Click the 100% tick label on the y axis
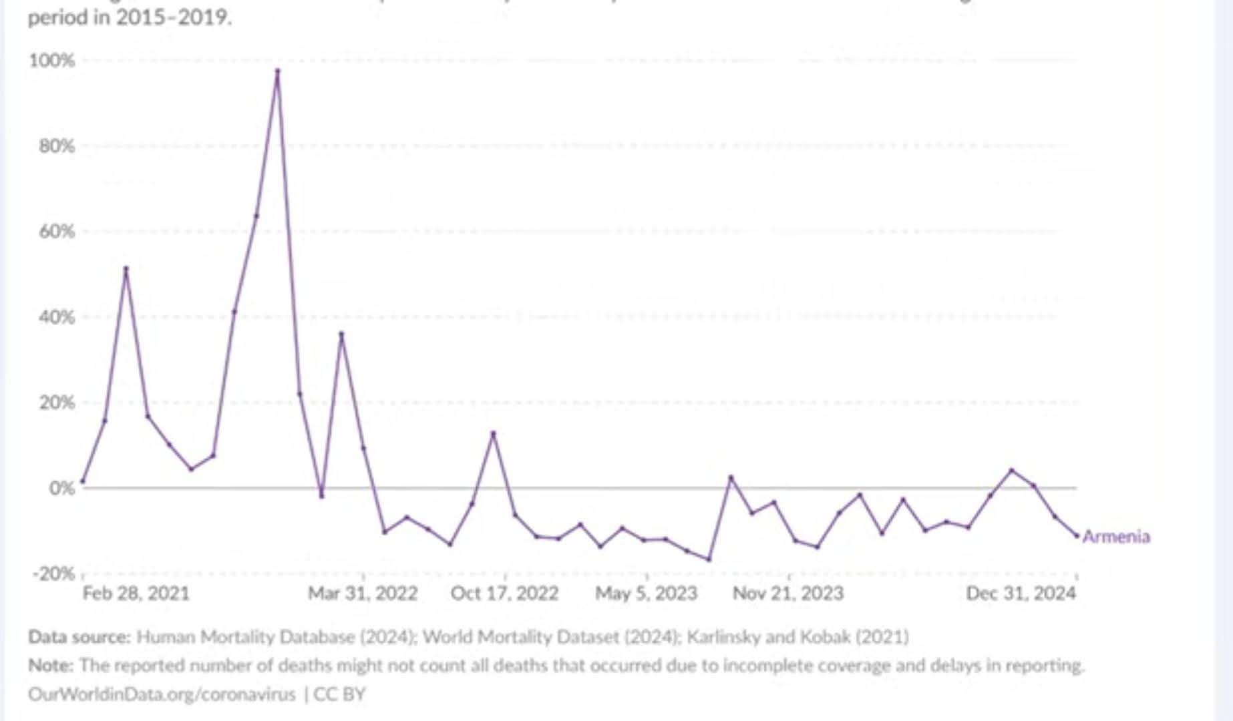[51, 61]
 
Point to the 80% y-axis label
[56, 146]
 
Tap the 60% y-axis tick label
[56, 232]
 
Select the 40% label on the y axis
[56, 317]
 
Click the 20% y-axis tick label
[56, 403]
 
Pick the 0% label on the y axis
[61, 488]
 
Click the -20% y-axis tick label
[53, 573]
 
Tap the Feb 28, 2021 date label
[136, 593]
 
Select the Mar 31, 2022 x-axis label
[363, 593]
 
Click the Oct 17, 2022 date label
[504, 593]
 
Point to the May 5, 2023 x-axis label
[646, 593]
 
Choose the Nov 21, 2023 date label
[788, 593]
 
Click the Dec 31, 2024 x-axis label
[1021, 593]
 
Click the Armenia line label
[1116, 537]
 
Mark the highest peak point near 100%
[278, 71]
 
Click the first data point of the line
[82, 481]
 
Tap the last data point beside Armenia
[1077, 535]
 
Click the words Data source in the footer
[79, 637]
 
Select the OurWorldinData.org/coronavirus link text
[162, 694]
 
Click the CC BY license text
[339, 694]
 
